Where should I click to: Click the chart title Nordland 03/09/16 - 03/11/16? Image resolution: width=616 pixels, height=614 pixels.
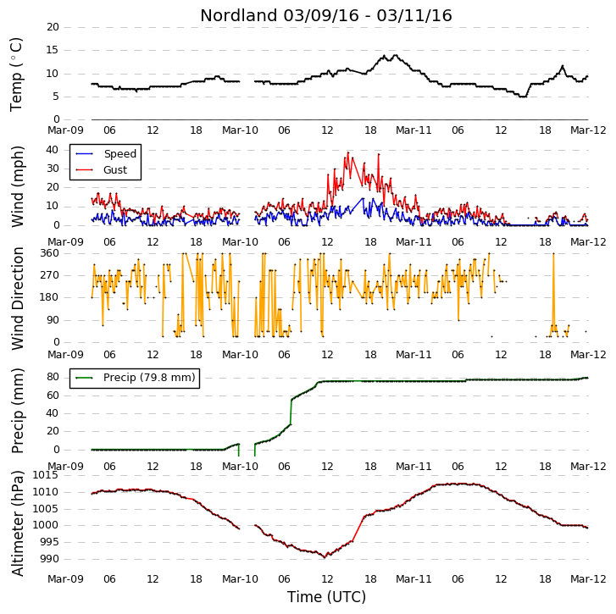326,16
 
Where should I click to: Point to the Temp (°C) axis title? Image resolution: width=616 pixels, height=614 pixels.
16,75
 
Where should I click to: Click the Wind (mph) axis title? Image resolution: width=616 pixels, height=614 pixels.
17,186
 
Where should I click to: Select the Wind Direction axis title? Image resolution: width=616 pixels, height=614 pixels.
17,298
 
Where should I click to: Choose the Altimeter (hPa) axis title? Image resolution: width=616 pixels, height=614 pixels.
17,523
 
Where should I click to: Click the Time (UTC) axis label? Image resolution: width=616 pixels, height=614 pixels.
326,597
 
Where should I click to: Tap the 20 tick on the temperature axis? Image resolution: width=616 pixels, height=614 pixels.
53,27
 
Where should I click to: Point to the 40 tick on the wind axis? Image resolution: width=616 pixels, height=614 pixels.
53,150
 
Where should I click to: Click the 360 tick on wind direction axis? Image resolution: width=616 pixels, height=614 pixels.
50,253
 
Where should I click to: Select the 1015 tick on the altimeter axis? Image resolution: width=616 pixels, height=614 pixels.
45,475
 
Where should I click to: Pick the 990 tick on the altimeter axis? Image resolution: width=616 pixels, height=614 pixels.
50,559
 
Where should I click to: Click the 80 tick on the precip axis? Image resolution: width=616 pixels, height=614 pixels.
53,377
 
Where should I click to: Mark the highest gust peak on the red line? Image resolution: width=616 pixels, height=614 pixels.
348,152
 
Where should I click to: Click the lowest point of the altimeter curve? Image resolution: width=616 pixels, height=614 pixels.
325,557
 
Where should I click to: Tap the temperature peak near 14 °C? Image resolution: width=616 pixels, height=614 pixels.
395,55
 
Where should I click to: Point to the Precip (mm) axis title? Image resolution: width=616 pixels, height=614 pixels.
17,411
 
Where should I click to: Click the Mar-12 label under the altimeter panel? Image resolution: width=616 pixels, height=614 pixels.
588,579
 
